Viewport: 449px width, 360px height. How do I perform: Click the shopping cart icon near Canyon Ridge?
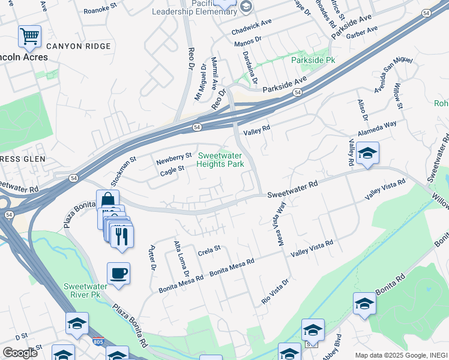pyautogui.click(x=29, y=37)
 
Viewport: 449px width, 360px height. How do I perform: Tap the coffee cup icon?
pyautogui.click(x=118, y=274)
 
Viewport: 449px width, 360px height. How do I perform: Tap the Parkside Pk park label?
pyautogui.click(x=313, y=61)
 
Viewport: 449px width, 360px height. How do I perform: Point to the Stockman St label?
pyautogui.click(x=123, y=170)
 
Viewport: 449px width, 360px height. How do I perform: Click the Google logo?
pyautogui.click(x=20, y=352)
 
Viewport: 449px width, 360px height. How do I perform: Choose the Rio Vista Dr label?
pyautogui.click(x=274, y=290)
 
